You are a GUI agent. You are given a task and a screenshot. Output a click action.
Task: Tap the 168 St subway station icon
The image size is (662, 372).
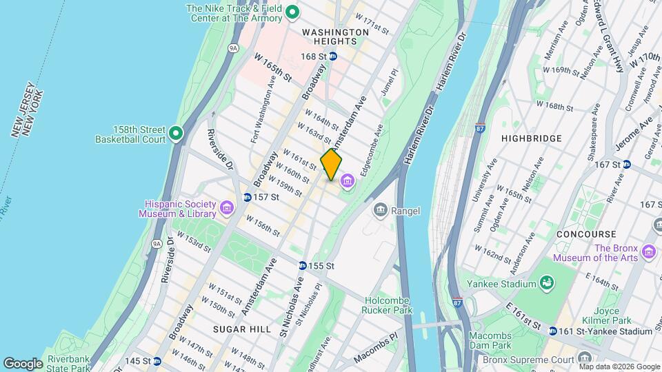coord(333,56)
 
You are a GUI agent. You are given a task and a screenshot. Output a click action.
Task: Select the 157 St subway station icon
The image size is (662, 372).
coord(247,198)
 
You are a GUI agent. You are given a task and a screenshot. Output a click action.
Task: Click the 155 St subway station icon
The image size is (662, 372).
coord(303,266)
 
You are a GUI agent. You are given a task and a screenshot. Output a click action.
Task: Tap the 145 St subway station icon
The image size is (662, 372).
coord(157,361)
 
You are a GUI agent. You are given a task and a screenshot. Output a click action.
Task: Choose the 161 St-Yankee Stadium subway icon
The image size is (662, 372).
coord(552,331)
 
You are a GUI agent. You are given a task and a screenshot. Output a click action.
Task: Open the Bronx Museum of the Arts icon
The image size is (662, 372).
coord(648,252)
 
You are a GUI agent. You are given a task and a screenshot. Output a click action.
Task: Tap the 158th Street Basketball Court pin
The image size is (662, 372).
coord(176,133)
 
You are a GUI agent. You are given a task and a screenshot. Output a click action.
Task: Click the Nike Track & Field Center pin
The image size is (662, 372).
coord(292,12)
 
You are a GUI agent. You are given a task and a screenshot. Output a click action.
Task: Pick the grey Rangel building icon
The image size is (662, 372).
coord(380,209)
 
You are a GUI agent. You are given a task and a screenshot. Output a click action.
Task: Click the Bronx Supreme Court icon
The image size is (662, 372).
coord(585,359)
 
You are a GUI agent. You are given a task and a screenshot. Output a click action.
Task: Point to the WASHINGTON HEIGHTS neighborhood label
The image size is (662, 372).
coord(334,37)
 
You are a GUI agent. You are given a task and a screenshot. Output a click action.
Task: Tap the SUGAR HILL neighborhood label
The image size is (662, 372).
coord(241,330)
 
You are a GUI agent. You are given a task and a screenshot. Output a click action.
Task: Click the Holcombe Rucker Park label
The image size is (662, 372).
coord(385,305)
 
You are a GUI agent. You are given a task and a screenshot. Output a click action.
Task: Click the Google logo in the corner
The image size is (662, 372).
coord(23,363)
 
